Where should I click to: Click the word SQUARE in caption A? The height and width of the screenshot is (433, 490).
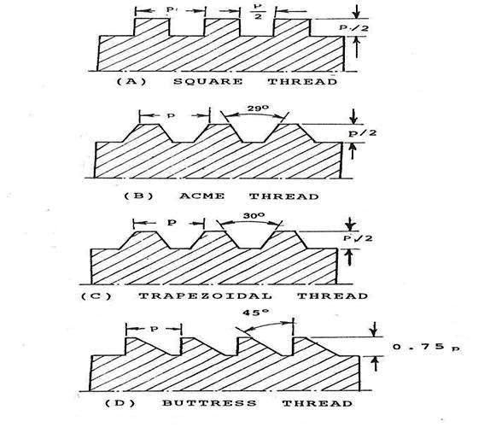[x=207, y=82]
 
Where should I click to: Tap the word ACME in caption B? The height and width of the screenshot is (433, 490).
[x=201, y=196]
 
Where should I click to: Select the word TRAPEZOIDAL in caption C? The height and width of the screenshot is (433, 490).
[x=205, y=295]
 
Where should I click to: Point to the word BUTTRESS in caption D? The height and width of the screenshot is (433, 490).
[x=209, y=403]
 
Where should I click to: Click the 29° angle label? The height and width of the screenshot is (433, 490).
[x=258, y=108]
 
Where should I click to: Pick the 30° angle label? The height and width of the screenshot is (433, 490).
[x=254, y=216]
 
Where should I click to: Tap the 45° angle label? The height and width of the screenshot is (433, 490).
[x=255, y=313]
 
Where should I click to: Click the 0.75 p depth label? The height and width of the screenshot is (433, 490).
[x=427, y=347]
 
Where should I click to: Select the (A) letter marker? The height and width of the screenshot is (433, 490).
[x=131, y=82]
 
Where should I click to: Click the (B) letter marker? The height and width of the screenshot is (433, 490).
[x=139, y=196]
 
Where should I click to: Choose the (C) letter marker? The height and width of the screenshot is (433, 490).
[x=96, y=295]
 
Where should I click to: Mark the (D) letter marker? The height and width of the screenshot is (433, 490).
[x=120, y=403]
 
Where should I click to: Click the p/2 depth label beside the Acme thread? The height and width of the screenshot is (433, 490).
[x=363, y=133]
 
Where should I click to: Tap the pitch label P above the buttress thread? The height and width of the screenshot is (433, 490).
[x=154, y=329]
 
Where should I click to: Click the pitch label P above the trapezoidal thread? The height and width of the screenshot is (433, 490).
[x=172, y=223]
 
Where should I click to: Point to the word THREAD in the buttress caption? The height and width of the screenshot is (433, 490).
[x=318, y=403]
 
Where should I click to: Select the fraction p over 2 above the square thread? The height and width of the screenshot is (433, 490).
[x=258, y=12]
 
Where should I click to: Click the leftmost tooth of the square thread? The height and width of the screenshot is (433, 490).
[x=152, y=27]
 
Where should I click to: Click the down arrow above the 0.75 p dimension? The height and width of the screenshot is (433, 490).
[x=373, y=329]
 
